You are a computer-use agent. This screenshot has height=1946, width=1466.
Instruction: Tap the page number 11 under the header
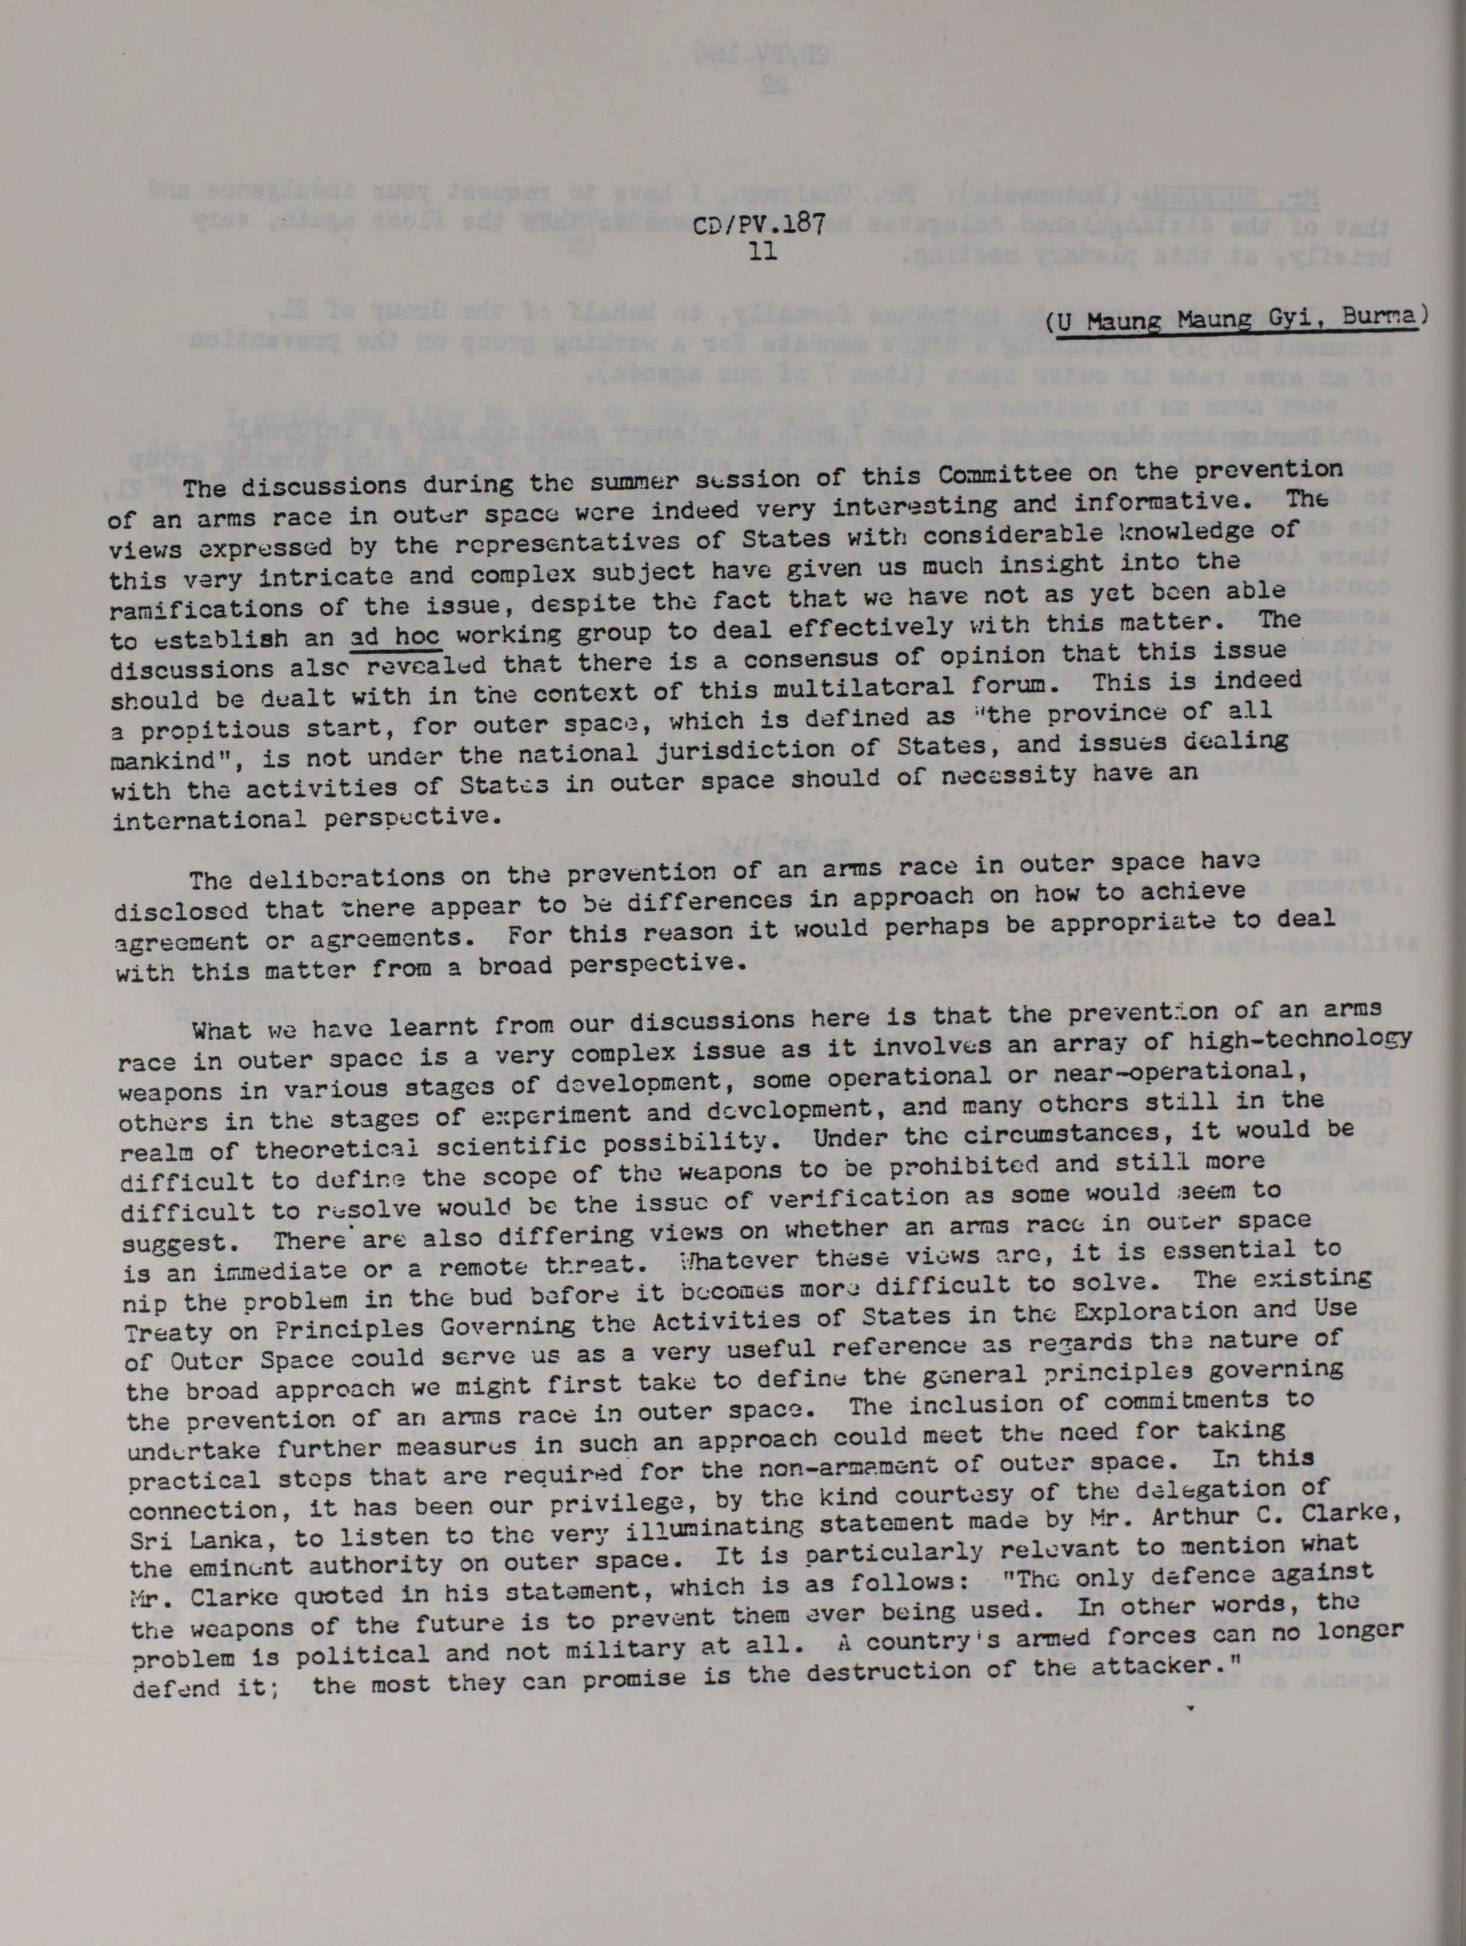[757, 251]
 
